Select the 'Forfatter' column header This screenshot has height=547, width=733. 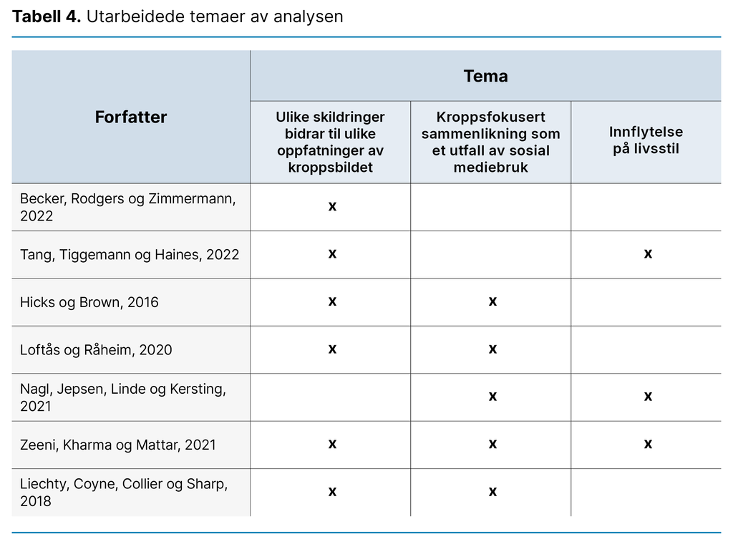130,117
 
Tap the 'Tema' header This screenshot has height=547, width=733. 485,77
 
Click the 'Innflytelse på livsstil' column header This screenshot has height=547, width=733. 646,140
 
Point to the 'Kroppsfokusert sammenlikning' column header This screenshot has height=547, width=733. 490,142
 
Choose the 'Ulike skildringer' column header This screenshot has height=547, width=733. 330,142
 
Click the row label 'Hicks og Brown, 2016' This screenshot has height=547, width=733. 89,302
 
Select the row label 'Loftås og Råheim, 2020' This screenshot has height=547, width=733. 96,349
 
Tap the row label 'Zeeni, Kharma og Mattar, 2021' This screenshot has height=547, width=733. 118,445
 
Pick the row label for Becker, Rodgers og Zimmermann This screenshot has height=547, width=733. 127,207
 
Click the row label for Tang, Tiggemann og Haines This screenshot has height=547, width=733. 130,254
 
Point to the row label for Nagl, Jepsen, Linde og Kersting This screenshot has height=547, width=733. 123,397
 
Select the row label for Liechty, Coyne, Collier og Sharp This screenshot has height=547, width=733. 124,492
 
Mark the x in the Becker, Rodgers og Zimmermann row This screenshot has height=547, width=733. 332,206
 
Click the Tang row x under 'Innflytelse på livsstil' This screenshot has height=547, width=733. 648,253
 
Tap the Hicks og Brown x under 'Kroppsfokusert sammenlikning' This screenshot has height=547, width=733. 492,301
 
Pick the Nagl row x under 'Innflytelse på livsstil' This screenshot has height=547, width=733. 648,396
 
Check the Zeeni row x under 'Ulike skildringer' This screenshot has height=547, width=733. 332,444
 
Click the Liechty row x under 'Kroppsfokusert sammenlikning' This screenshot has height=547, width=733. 492,492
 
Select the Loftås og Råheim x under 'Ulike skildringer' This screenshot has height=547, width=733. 332,349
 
